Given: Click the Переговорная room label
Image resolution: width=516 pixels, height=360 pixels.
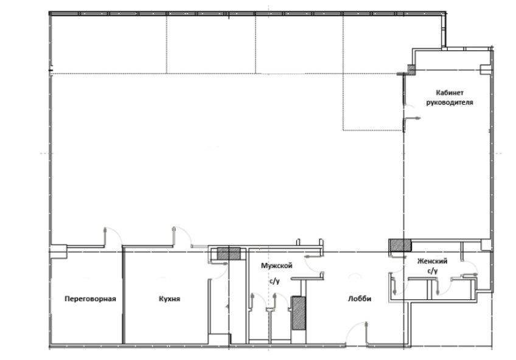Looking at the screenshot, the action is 90,299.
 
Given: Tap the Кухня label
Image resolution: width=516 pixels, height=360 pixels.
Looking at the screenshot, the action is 170,299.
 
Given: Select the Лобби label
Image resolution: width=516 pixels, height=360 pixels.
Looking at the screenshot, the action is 360,299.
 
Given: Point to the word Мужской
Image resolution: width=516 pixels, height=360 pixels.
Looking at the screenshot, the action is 276,265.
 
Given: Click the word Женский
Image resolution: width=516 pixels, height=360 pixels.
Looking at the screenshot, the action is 432,261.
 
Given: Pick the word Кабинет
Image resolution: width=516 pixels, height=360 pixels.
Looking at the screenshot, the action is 450,92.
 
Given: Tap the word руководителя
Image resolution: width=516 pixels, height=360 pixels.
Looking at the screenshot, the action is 450,103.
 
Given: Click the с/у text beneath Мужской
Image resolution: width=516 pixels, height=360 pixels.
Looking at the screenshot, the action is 275,281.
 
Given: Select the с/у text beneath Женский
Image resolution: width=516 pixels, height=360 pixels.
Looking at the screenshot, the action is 433,271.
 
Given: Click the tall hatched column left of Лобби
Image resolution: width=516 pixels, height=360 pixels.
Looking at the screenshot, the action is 299,313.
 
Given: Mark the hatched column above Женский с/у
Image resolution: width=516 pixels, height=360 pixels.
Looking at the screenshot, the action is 400,245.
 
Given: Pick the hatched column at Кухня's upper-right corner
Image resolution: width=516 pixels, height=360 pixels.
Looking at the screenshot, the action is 229,254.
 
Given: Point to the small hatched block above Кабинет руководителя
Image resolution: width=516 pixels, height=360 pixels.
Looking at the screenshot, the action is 411,69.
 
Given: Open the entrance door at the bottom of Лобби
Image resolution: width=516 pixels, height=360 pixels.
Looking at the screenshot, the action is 357,332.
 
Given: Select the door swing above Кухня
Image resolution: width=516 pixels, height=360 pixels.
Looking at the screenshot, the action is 182,236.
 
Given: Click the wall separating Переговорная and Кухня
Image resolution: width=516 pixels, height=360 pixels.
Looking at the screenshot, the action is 124,296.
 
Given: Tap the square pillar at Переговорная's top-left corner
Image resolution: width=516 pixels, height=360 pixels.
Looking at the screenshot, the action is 59,252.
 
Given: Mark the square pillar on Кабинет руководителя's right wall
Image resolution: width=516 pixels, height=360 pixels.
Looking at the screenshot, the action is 485,70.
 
